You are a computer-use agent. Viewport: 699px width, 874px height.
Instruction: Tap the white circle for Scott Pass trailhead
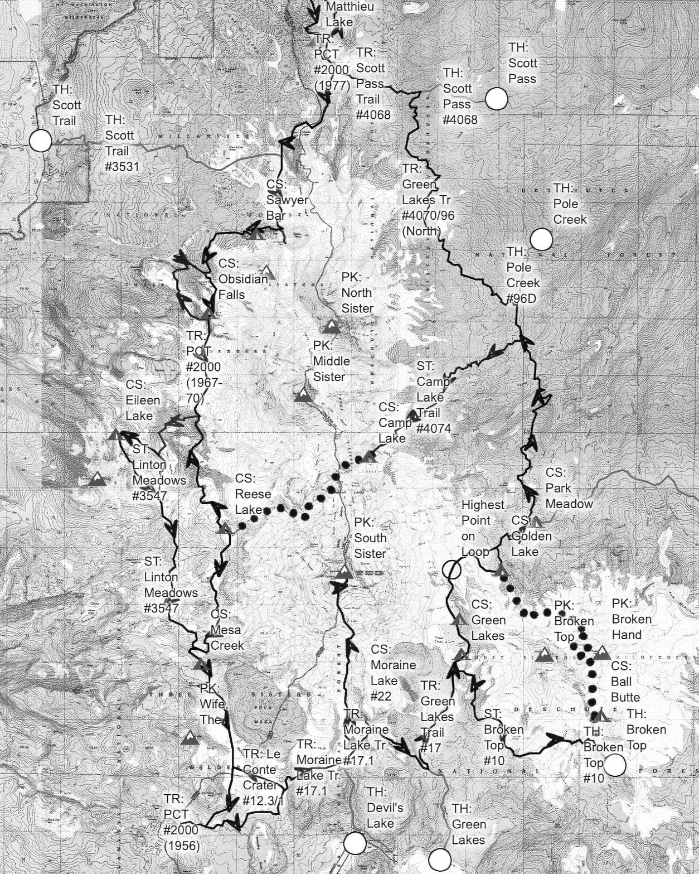tap(497, 99)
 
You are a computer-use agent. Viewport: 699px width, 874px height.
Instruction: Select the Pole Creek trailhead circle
tap(541, 239)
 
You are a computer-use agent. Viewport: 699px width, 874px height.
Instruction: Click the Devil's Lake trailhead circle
tap(355, 843)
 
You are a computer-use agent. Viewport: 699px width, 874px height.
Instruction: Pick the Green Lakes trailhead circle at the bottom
tap(440, 859)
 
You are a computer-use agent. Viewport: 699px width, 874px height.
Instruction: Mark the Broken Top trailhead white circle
tap(615, 765)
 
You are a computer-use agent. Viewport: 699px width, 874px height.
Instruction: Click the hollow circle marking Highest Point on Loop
tap(452, 569)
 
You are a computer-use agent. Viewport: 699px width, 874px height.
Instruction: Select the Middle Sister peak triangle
tap(303, 395)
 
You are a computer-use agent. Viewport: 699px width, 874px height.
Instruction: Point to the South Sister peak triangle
tap(344, 573)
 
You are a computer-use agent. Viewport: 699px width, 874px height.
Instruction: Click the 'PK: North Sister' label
tap(357, 293)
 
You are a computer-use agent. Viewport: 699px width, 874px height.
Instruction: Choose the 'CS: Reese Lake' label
tap(253, 494)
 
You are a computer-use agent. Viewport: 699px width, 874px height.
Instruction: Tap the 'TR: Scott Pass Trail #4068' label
tap(372, 84)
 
